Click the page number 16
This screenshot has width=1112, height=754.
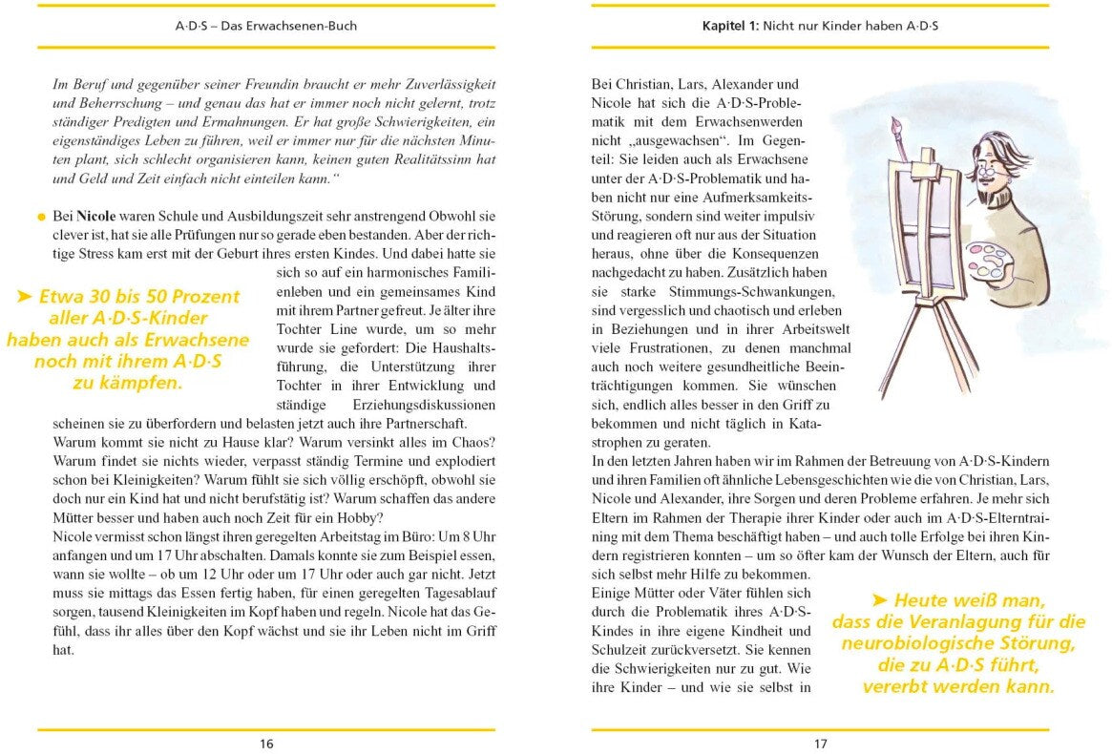point(266,744)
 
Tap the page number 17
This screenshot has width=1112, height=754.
point(820,744)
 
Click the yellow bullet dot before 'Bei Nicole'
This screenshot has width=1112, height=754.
point(41,218)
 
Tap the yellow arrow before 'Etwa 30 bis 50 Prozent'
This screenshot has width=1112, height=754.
point(26,297)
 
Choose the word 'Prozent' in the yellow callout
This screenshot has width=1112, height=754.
point(206,297)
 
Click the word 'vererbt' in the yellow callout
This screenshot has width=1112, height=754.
point(902,686)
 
